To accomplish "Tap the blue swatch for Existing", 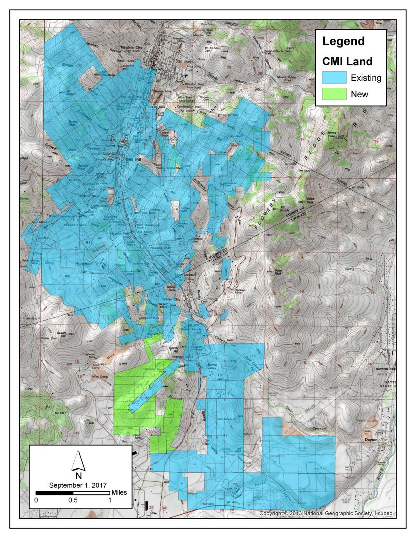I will (334, 78).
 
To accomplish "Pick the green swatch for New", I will (334, 94).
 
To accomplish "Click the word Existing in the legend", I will (366, 78).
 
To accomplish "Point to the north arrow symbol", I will (78, 460).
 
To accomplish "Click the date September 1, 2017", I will (78, 485).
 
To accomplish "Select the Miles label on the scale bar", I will (119, 492).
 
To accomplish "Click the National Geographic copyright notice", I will (326, 513).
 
